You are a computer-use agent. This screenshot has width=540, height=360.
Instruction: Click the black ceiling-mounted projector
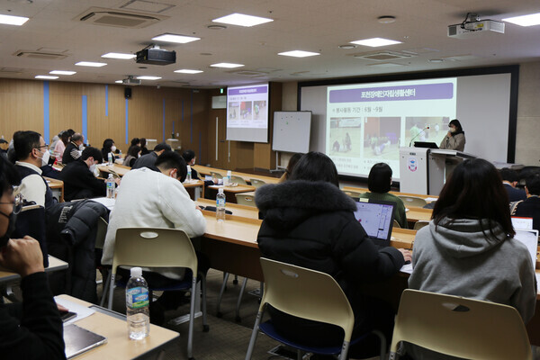click(156, 56)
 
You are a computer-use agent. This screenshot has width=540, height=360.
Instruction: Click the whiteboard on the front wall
click(292, 131)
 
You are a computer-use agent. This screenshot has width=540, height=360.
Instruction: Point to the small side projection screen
click(247, 112)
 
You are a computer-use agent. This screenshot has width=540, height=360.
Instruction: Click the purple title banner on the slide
click(391, 92)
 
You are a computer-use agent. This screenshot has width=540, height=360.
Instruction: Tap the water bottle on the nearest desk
click(137, 303)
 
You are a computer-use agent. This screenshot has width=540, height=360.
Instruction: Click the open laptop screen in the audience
click(373, 219)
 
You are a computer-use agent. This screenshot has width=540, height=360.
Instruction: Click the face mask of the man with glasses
click(44, 157)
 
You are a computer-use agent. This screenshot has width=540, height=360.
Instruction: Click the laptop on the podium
click(426, 144)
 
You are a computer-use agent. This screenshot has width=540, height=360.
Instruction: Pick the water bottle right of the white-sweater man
click(220, 203)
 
